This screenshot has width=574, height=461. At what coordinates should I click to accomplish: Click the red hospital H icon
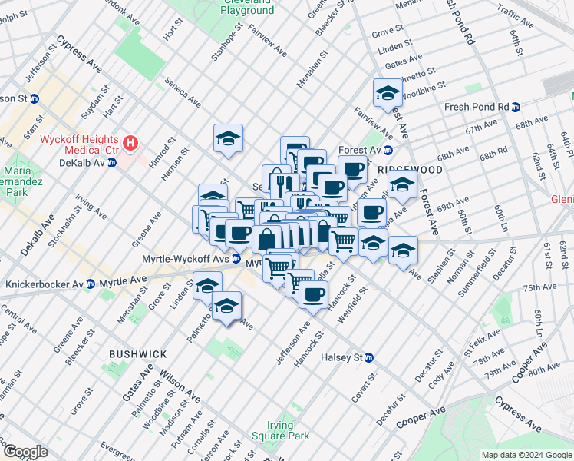(x=131, y=142)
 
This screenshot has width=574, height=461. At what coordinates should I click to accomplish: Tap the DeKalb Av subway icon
(x=111, y=163)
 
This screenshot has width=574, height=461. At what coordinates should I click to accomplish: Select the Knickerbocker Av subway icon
(x=90, y=284)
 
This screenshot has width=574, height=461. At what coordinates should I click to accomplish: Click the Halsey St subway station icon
(x=369, y=357)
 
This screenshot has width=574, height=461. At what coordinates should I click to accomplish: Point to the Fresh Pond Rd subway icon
(x=516, y=107)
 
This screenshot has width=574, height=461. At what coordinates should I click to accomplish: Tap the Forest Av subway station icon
(x=388, y=151)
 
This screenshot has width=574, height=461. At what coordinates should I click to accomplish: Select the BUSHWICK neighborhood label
(x=137, y=354)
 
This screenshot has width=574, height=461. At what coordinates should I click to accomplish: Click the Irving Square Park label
(x=280, y=430)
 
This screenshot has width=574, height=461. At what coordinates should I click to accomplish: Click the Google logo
(x=25, y=452)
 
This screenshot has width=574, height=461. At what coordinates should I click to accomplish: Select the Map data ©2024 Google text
(x=526, y=455)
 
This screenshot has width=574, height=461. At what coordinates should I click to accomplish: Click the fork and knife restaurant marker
(x=284, y=184)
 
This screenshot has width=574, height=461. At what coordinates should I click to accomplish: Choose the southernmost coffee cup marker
(x=312, y=294)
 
